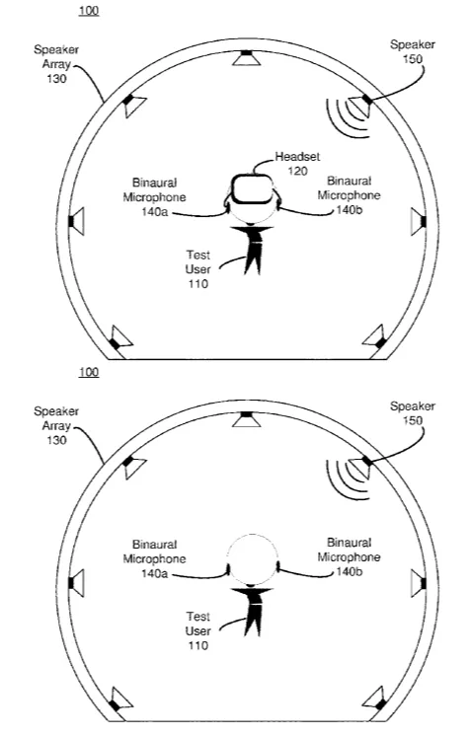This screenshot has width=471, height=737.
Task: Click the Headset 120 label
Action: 297,163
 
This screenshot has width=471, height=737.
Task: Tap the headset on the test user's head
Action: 252,189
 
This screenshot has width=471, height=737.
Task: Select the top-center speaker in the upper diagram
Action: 247,58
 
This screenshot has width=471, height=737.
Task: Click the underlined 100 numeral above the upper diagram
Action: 89,10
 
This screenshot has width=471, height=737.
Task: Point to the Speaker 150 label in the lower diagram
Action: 412,412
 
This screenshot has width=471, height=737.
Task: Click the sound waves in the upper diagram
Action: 346,118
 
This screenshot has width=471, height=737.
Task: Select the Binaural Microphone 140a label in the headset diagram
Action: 154,197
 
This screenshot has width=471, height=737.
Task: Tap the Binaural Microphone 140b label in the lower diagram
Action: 349,557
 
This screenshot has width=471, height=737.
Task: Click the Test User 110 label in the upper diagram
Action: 197,269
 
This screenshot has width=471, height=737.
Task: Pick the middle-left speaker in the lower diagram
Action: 76,583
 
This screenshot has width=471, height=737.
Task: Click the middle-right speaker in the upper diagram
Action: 418,221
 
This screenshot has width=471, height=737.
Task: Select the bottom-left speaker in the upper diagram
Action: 120,338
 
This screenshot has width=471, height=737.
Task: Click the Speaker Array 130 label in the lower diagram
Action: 56,426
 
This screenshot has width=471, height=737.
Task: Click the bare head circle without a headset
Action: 253,559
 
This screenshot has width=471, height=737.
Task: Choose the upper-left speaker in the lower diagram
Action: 133,469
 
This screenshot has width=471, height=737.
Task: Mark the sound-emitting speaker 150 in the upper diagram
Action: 360,107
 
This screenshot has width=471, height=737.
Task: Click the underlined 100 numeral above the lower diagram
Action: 89,372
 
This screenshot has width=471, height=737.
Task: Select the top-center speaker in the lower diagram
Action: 247,419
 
